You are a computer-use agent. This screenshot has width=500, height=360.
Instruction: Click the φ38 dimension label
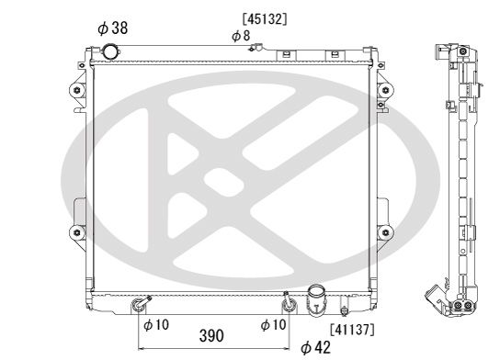click(x=112, y=28)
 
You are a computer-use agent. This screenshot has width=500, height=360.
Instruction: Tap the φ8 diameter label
click(x=241, y=35)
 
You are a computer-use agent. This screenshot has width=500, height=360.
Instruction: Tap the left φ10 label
click(x=156, y=324)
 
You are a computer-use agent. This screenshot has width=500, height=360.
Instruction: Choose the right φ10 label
click(x=274, y=324)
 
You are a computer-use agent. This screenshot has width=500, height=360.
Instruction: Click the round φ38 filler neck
click(x=115, y=51)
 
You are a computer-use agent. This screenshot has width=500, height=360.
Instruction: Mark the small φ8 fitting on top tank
click(x=258, y=46)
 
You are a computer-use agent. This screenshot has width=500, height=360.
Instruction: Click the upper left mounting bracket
click(x=74, y=92)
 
